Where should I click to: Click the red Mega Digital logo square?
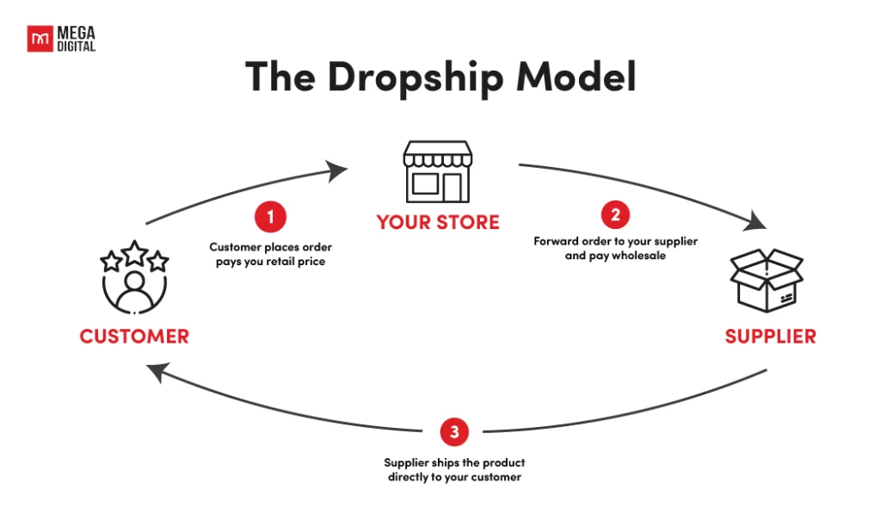click(40, 39)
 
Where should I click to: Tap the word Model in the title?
click(576, 77)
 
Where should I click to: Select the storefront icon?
click(438, 171)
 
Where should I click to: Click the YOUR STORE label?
click(438, 222)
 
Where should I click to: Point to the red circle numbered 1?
click(270, 216)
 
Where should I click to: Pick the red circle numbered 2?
click(615, 214)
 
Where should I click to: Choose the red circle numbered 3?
click(454, 431)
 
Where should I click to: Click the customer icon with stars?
click(134, 277)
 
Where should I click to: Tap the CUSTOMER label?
click(134, 336)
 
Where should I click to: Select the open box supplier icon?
click(767, 280)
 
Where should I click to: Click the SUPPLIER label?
click(770, 336)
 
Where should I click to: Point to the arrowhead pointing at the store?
click(337, 170)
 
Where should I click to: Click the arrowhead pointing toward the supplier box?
click(755, 221)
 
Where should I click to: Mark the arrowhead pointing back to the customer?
click(158, 371)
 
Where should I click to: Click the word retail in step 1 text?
click(280, 262)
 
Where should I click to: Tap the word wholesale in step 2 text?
click(638, 256)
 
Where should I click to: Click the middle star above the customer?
click(135, 253)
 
